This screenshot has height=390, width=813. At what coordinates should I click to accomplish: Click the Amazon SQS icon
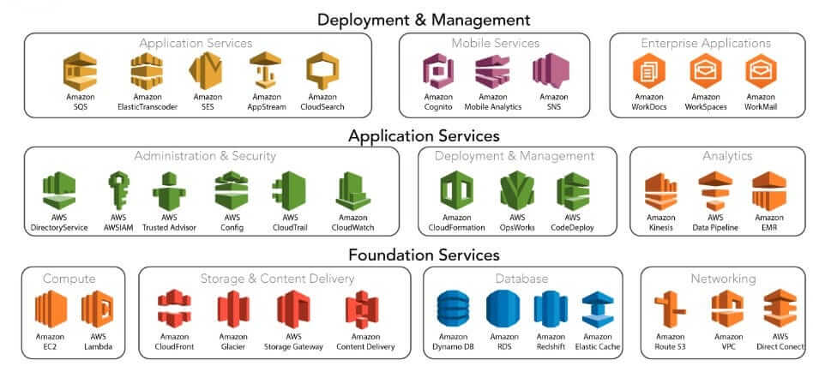coord(81,71)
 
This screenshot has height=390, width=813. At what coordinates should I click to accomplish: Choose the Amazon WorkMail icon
coord(759,71)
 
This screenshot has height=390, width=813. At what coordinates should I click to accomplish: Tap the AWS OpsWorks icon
coord(517,190)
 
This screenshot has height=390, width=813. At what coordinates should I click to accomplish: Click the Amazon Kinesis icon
coord(661,190)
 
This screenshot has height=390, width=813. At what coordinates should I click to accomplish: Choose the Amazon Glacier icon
coord(233,310)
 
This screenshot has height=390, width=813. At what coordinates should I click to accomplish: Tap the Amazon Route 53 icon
coord(670,310)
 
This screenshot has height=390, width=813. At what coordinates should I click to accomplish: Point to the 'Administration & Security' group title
coord(205,156)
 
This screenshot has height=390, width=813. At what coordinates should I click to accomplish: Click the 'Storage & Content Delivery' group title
coord(270,279)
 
